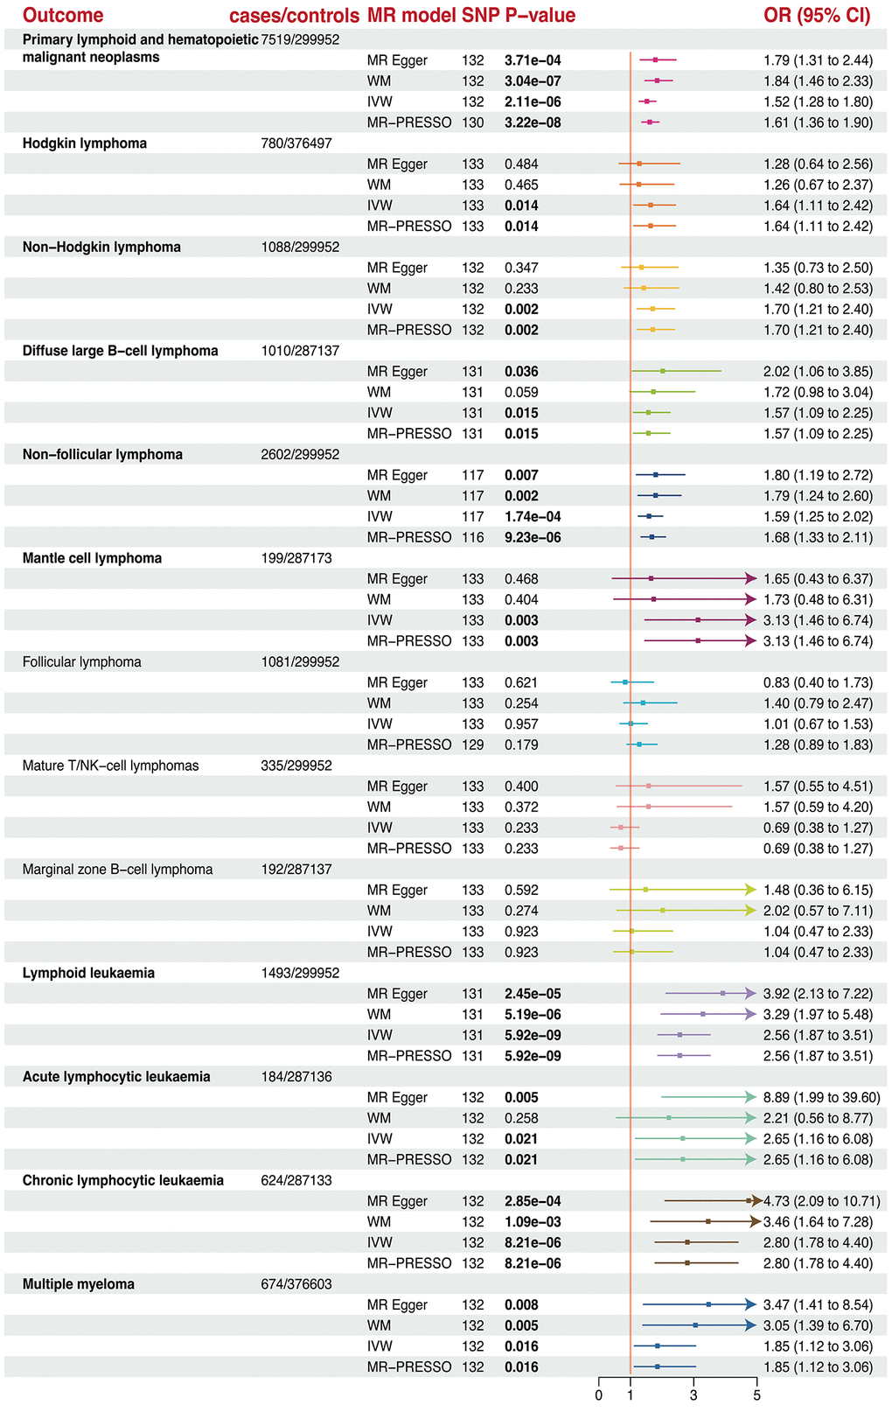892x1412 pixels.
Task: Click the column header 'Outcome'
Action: (63, 16)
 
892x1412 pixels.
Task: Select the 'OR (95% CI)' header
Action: (817, 16)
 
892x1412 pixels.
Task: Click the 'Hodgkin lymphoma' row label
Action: (85, 143)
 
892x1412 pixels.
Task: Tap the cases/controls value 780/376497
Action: (296, 143)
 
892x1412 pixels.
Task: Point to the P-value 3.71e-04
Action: (533, 60)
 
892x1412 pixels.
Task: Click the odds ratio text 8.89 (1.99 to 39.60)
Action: (821, 1098)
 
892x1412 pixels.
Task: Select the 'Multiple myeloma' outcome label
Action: (79, 1284)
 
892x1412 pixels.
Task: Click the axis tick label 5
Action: (757, 1395)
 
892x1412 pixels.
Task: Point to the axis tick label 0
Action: (599, 1395)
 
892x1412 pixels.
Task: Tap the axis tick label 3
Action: (693, 1395)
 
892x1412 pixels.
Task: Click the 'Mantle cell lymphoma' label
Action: (92, 558)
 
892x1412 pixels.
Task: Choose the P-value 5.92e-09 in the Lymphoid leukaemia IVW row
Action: (533, 1036)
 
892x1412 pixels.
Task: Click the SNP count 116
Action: (472, 538)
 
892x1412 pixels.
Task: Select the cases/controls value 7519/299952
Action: (300, 39)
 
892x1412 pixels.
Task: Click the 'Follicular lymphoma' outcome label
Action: (82, 662)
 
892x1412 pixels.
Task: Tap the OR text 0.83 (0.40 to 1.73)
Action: (818, 683)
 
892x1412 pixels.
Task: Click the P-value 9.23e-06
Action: (533, 538)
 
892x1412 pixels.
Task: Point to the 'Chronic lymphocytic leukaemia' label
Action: (123, 1181)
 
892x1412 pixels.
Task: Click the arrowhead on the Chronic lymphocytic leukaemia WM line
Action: (755, 1222)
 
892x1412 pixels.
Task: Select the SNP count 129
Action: (472, 745)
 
